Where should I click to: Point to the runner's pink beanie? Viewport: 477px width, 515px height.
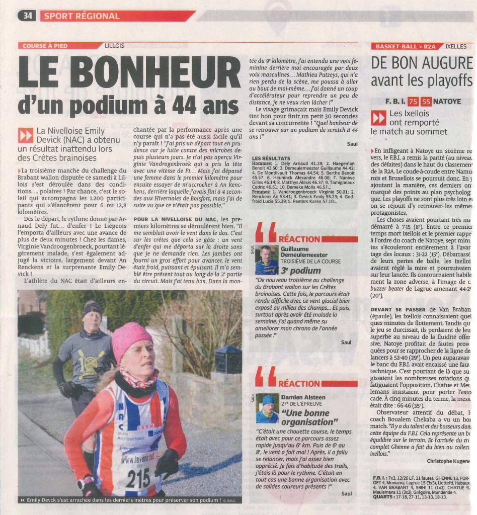click(132, 340)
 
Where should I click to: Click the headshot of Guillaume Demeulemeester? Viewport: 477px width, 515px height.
click(266, 260)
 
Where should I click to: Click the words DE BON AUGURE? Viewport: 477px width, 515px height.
click(422, 63)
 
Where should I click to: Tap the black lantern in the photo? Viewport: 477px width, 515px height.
click(228, 358)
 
